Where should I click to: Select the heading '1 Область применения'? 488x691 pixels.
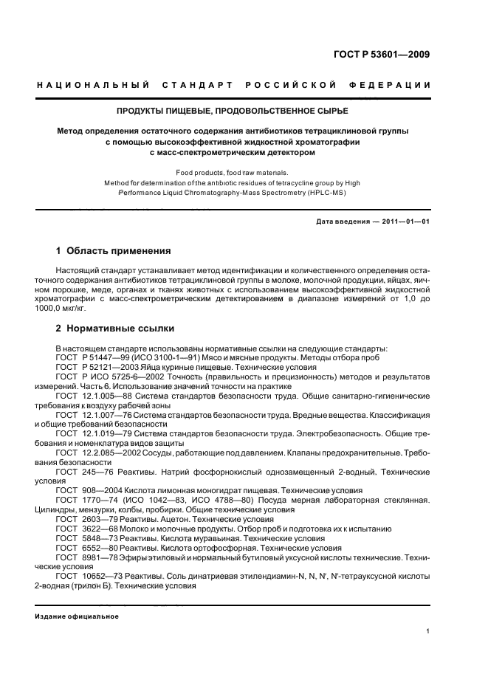[x=114, y=251]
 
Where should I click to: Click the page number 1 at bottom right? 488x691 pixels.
[x=428, y=630]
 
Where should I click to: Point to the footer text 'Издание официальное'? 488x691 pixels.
[x=78, y=616]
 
